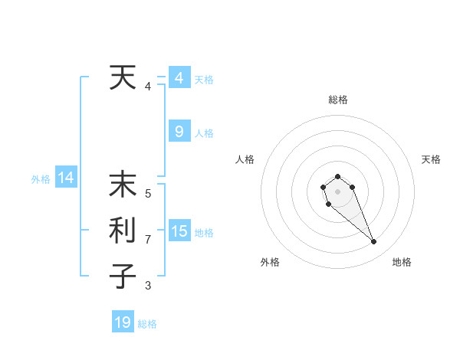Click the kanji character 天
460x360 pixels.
tap(123, 77)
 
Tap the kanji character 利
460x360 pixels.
tap(123, 231)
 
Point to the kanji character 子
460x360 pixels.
tap(123, 277)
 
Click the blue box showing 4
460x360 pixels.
tap(179, 77)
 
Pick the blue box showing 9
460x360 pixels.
tap(179, 132)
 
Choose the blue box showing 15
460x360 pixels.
tap(179, 231)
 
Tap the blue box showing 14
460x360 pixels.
tap(66, 178)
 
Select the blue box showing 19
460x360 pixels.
tap(123, 322)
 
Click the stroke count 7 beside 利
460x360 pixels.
tap(148, 240)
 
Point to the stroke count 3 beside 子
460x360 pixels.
tap(148, 286)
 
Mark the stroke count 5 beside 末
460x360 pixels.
tap(148, 194)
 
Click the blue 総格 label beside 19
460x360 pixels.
tap(147, 324)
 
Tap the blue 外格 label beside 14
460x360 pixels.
tap(41, 179)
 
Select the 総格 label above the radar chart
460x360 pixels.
tap(337, 100)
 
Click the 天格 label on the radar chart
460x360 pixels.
tap(431, 159)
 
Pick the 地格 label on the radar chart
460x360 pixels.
tap(402, 262)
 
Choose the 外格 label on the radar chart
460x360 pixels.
tap(270, 262)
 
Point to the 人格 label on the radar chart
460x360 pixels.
tap(245, 159)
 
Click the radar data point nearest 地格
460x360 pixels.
tap(374, 242)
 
